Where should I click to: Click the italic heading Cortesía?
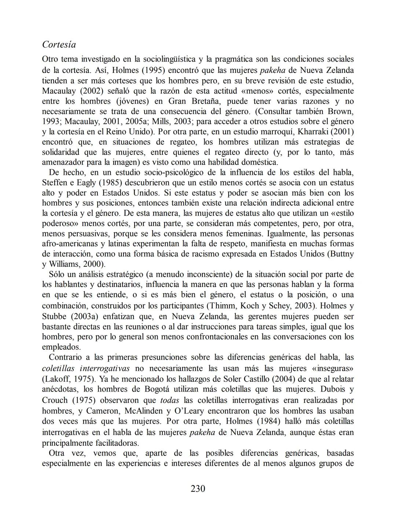pos(59,45)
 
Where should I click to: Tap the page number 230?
pos(198,488)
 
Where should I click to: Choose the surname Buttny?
pos(341,254)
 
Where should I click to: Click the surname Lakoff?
pos(56,379)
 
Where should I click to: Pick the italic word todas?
pos(170,400)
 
